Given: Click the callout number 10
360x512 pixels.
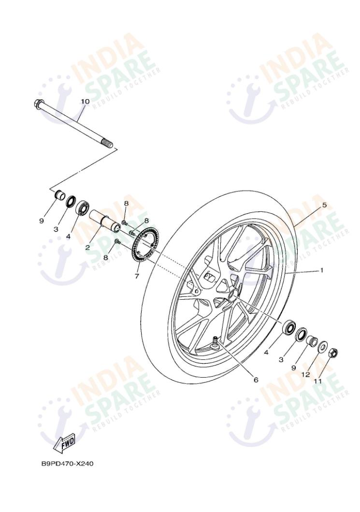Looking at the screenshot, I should point(85,102).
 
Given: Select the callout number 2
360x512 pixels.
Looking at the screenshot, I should point(87,247).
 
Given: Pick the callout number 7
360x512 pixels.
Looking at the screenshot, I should point(137,276).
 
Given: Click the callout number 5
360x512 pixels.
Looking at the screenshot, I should point(324,205).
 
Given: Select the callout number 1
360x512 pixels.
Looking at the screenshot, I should point(321,270).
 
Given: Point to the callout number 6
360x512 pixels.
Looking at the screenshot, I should point(256,380).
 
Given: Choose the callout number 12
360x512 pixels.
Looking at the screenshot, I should point(305,374).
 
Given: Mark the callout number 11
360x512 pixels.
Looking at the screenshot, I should point(317,380).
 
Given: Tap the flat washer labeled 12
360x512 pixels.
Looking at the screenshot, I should point(323,346).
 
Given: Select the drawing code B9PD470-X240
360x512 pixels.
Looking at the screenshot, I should point(67,464).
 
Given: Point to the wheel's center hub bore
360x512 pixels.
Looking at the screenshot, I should point(231,293).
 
